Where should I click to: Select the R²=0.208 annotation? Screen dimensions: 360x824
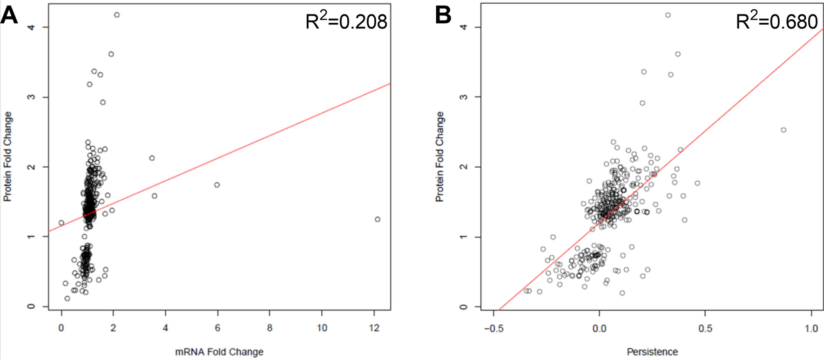point(346,21)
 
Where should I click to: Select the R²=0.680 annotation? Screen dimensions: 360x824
point(777,21)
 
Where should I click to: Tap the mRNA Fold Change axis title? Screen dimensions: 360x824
point(219,352)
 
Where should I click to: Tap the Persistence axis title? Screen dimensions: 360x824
point(652,352)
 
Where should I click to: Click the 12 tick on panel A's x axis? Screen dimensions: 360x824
point(374,328)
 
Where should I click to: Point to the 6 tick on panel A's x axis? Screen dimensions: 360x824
point(217,328)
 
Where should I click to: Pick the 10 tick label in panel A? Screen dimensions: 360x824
point(322,328)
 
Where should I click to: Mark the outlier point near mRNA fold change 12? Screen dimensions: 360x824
point(378,219)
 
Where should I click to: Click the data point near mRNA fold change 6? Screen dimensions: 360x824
point(217,185)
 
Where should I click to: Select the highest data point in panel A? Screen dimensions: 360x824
point(117,15)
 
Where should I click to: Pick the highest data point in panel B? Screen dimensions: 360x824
point(668,15)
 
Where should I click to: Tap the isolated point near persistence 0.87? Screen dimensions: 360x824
point(783,130)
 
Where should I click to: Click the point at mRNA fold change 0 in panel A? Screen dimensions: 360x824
point(61,223)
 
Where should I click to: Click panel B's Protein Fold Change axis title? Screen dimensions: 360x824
point(439,156)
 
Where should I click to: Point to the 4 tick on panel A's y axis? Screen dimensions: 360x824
point(31,27)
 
